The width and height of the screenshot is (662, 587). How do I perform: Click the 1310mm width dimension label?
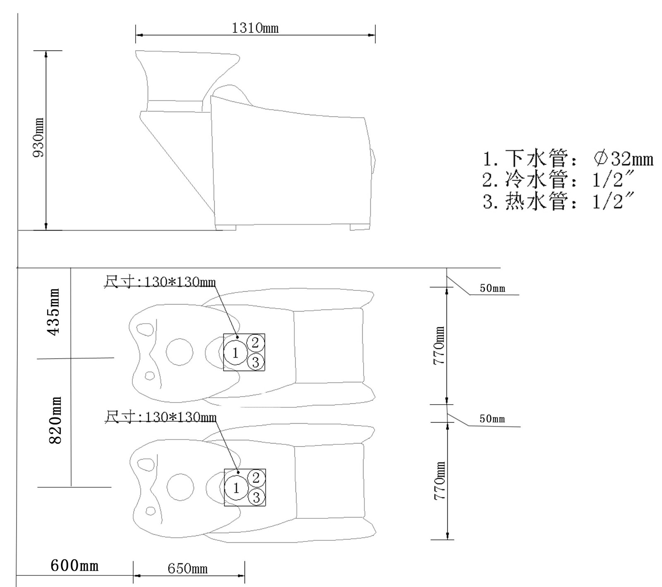coord(255,28)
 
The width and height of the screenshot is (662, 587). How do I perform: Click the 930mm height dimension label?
coord(39,138)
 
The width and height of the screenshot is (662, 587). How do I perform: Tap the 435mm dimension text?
coord(54,312)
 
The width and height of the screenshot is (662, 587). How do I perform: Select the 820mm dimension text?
coord(55,421)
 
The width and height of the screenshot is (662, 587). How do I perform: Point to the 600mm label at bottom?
coord(74,565)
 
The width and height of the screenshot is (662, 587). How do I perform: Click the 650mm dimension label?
coord(187,569)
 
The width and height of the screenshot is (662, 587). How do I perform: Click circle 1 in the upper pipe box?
coord(235,353)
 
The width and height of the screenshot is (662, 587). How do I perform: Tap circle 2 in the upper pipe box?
coord(255,342)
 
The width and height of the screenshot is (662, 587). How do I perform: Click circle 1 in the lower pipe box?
coord(236,489)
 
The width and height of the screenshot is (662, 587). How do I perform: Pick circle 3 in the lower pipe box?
coord(256,497)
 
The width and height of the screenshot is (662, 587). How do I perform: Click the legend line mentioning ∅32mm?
coord(568,158)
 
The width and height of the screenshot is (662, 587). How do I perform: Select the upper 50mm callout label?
coord(492,288)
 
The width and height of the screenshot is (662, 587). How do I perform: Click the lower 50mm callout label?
coord(492,419)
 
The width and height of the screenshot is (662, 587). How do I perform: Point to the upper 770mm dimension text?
coord(439,345)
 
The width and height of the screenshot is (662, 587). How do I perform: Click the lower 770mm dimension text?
coord(439,481)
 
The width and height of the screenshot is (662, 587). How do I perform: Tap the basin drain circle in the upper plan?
coord(179,352)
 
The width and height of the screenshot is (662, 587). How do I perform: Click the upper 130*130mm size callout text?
coord(160,282)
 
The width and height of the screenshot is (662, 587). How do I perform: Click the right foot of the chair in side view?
coord(360,227)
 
